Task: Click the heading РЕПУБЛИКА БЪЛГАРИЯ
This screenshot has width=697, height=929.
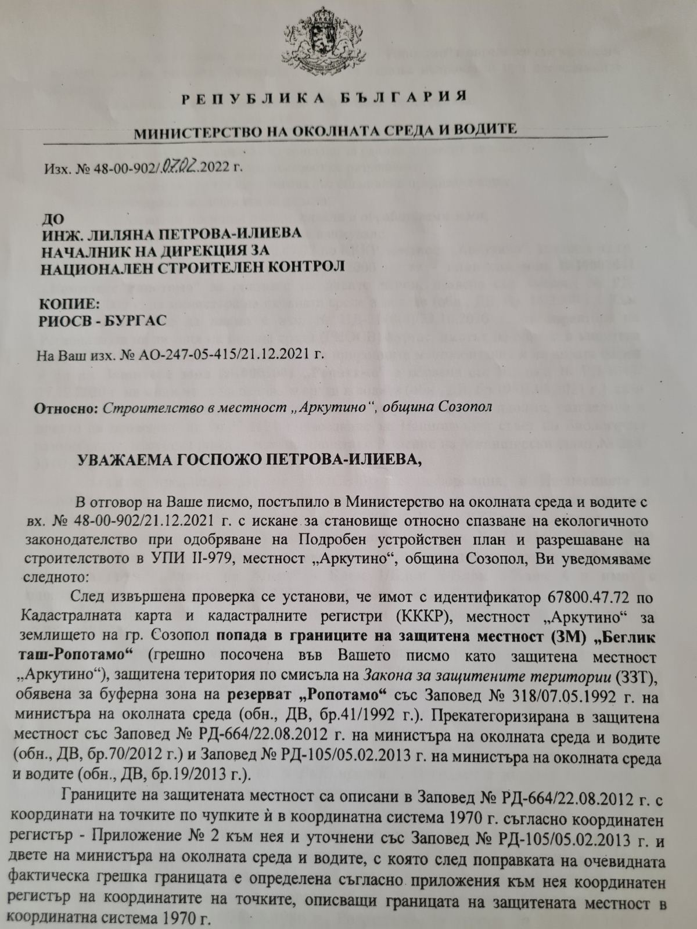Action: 324,96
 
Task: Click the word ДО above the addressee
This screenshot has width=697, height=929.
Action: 48,218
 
